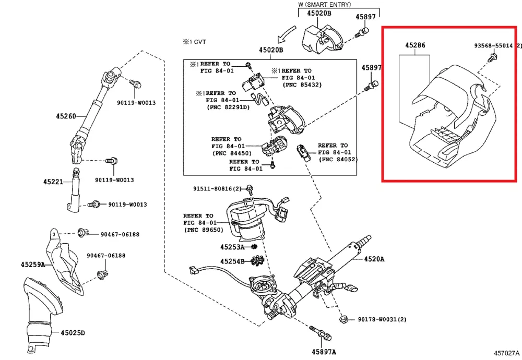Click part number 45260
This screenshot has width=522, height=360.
(66, 116)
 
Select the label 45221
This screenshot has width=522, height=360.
(53, 182)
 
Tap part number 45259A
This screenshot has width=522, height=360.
(32, 265)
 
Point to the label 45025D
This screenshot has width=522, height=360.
(73, 333)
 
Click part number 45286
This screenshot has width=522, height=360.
(415, 45)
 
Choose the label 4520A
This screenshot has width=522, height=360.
(374, 259)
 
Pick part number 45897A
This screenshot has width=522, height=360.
(324, 352)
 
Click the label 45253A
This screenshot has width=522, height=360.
(232, 247)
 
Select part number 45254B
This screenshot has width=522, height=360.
(232, 261)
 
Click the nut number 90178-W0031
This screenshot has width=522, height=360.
(378, 319)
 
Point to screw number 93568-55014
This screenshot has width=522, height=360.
(494, 45)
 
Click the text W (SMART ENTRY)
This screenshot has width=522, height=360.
(325, 5)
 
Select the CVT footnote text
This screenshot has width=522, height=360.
(194, 42)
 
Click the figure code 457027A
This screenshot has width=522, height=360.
(506, 353)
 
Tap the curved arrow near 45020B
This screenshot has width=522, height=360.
(286, 34)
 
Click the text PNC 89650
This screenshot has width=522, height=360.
(204, 230)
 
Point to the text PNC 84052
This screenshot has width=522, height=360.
(338, 159)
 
